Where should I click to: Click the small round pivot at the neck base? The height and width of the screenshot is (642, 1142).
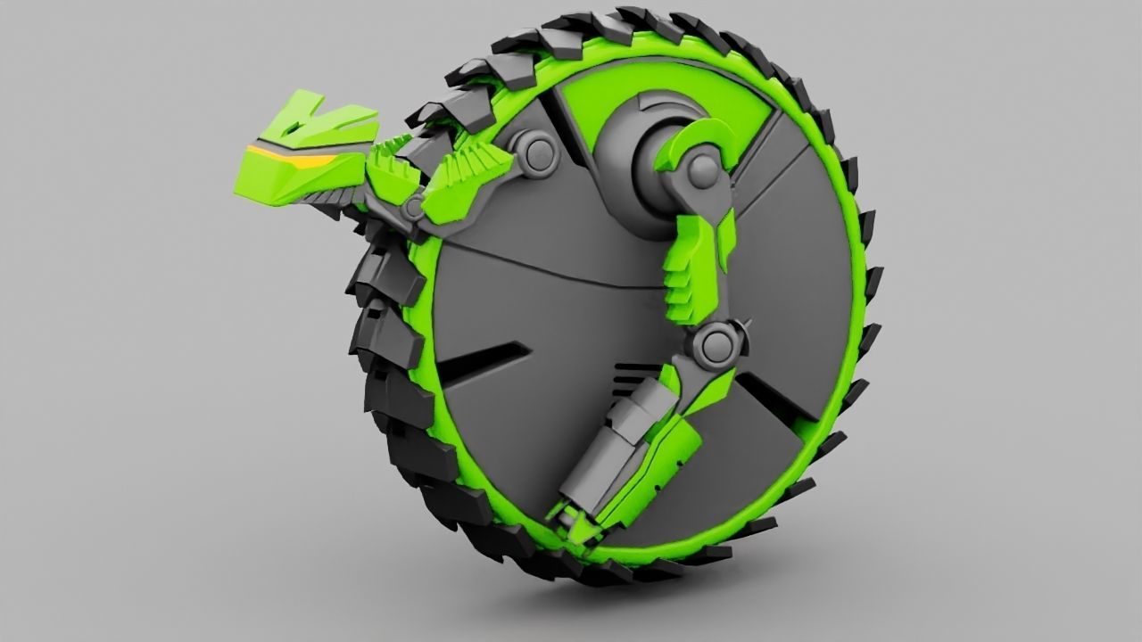(413, 208)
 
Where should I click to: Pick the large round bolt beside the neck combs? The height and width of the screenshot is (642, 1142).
(537, 153)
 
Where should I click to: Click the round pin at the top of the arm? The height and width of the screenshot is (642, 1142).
(703, 169)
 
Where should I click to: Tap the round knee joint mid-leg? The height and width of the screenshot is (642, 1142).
(713, 344)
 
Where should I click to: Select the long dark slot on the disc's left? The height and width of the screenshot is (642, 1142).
(482, 361)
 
